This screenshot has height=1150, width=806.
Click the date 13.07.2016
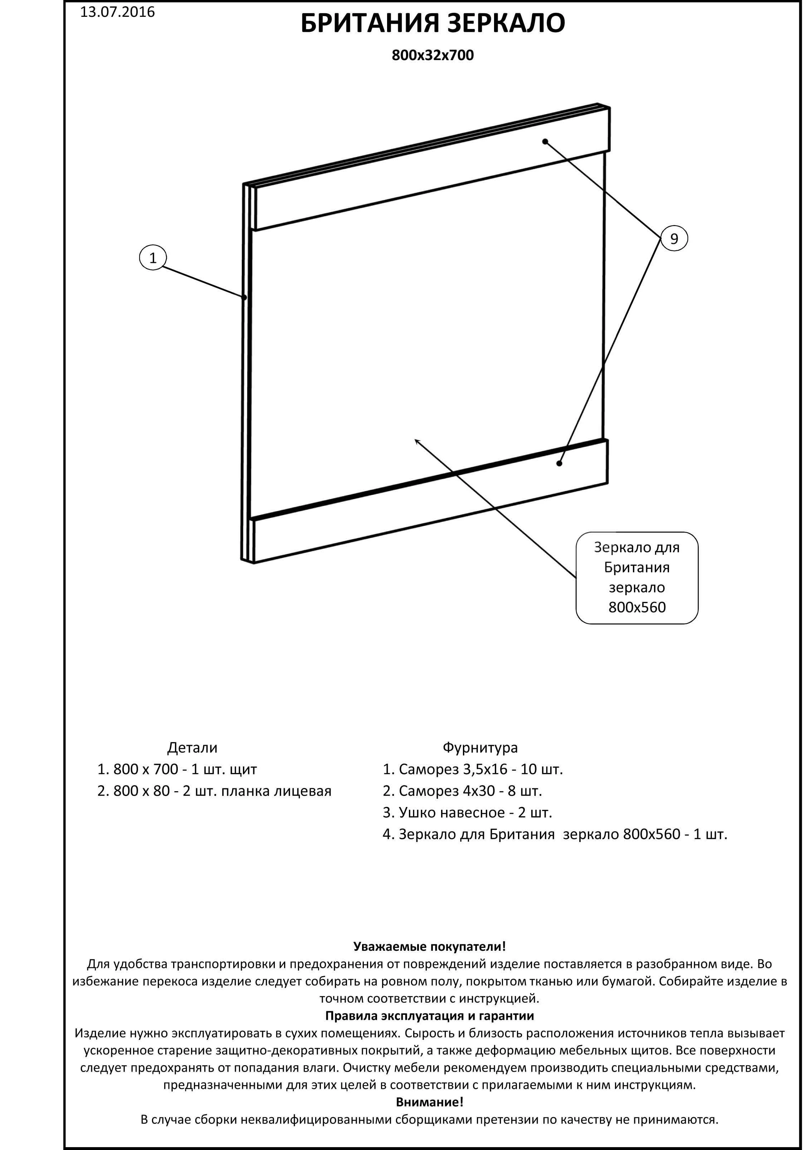[117, 12]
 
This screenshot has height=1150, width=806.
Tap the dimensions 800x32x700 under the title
[432, 55]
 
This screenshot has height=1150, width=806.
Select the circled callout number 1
[153, 258]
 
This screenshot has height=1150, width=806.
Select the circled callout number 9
[674, 239]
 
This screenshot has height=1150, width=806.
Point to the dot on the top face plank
[545, 142]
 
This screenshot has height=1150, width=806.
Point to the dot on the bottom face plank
[559, 463]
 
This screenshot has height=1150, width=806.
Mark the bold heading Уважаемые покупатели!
[429, 946]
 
